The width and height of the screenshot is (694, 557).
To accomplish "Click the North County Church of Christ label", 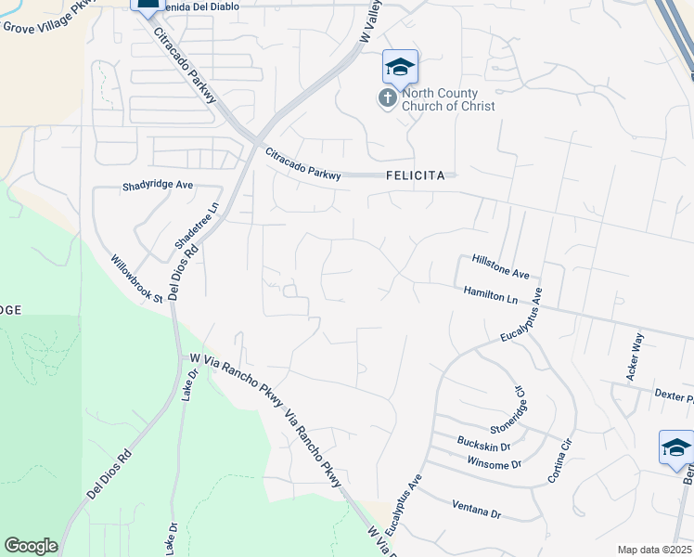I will click(448, 99).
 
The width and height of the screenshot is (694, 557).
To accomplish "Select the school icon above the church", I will click(400, 67).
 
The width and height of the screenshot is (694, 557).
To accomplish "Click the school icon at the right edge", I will click(675, 449).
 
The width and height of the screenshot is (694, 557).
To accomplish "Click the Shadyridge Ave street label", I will click(158, 186).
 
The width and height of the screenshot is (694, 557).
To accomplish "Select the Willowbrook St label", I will click(136, 278).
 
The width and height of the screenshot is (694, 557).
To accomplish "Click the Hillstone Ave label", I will click(500, 267).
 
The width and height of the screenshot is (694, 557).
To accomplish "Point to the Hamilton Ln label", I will click(491, 294).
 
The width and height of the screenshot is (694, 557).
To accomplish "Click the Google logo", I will click(31, 546).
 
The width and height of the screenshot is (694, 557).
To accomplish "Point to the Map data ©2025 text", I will click(654, 550).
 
